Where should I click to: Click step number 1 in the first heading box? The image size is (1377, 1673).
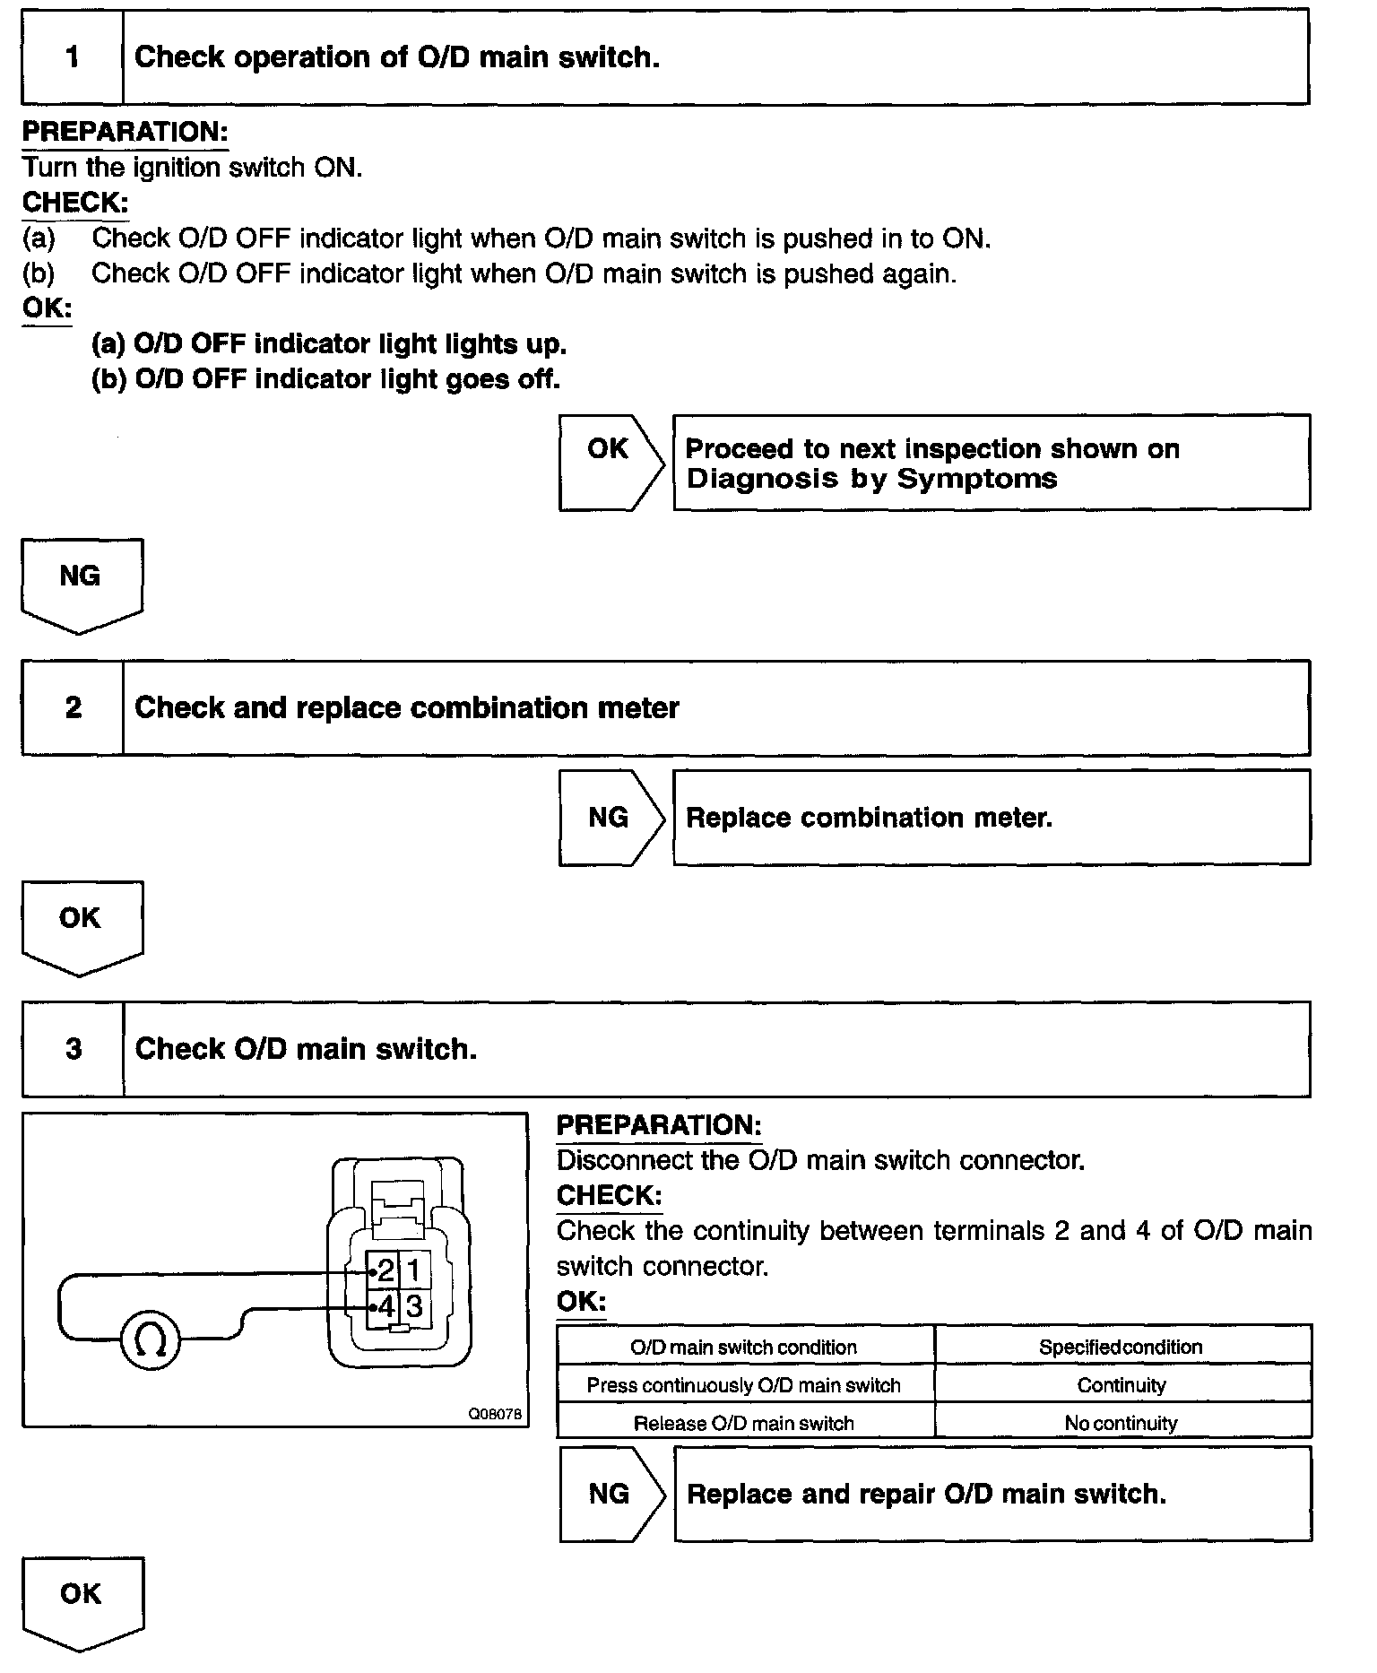click(x=73, y=57)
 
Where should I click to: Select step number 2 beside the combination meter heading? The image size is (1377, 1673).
click(x=73, y=707)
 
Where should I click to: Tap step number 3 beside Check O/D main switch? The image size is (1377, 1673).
click(x=73, y=1048)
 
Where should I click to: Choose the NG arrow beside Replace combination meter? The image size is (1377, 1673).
click(x=610, y=817)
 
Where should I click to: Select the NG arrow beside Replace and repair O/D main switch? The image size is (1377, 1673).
click(x=610, y=1494)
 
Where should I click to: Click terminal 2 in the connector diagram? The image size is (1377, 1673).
click(x=385, y=1270)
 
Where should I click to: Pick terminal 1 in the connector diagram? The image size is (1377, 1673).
click(x=414, y=1270)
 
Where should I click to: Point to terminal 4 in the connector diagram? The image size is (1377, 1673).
click(x=385, y=1305)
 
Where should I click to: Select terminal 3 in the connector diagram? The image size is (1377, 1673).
click(x=414, y=1305)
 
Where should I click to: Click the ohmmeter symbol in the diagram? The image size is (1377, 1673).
click(x=150, y=1341)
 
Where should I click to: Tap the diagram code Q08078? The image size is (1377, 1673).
click(x=495, y=1414)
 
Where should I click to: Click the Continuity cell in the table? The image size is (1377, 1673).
click(x=1122, y=1385)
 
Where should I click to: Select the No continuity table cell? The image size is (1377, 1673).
click(x=1122, y=1423)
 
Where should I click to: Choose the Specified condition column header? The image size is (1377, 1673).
click(x=1122, y=1347)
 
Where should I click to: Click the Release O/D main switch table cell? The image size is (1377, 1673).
click(x=744, y=1423)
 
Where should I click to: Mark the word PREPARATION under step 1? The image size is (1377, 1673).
click(x=125, y=132)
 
